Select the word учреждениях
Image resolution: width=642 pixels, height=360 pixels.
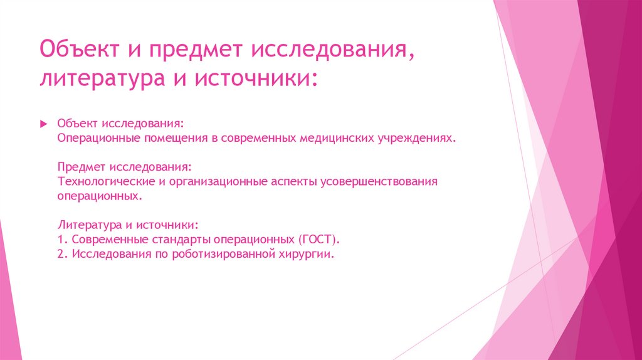click(416, 137)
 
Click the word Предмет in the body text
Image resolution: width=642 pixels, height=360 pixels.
click(82, 167)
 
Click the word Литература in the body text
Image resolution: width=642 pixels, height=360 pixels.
click(87, 225)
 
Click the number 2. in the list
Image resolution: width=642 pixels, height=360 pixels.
click(62, 254)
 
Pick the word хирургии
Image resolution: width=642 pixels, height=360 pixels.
click(309, 254)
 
